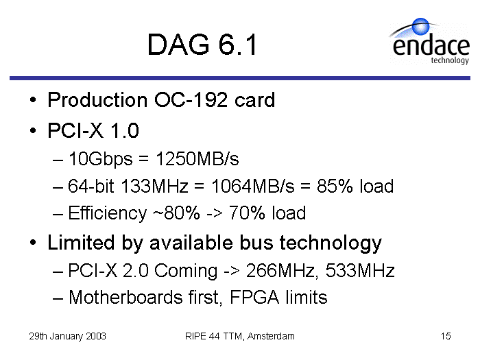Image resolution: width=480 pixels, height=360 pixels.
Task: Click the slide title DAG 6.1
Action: click(202, 45)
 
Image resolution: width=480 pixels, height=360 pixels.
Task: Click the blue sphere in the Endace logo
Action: click(420, 26)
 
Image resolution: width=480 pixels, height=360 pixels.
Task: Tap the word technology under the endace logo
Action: click(450, 60)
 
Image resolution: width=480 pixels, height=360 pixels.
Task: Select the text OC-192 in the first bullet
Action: click(191, 100)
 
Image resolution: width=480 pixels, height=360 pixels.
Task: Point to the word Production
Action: click(97, 100)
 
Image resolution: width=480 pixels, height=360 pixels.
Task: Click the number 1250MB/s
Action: click(197, 159)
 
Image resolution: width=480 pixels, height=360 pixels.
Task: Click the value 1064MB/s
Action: click(253, 186)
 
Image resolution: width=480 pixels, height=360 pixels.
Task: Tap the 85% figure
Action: click(335, 186)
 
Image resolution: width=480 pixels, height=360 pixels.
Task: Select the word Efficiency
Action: click(108, 213)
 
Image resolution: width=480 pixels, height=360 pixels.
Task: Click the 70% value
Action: click(247, 213)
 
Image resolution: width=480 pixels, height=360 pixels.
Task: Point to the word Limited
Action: click(81, 243)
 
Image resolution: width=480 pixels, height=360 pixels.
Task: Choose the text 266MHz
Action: click(280, 271)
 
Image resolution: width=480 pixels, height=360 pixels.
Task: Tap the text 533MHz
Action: click(360, 270)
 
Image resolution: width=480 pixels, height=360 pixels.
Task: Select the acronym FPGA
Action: click(254, 297)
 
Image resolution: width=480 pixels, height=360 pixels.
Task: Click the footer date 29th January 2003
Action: click(67, 336)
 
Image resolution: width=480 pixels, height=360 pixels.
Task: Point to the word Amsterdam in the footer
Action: click(271, 336)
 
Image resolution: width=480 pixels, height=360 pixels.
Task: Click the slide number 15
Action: click(446, 336)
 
